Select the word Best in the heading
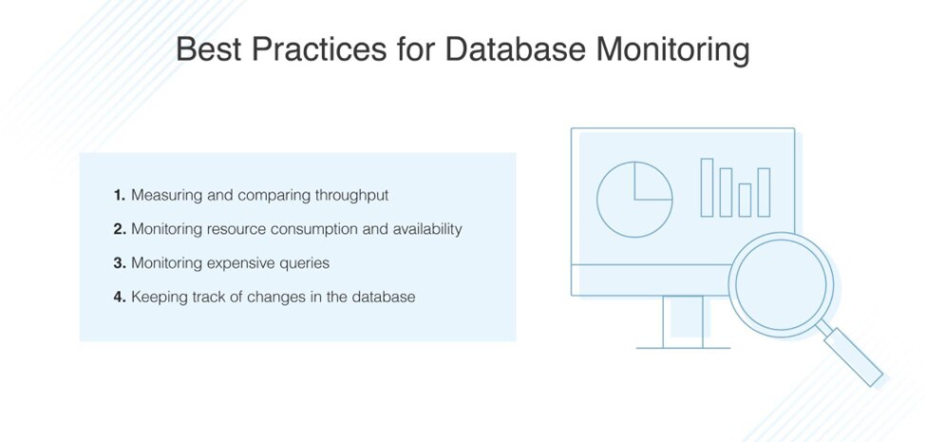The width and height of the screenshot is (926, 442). click(x=209, y=49)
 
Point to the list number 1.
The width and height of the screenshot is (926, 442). click(x=120, y=196)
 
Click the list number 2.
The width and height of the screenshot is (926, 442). click(x=120, y=229)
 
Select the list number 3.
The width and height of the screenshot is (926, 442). click(x=120, y=263)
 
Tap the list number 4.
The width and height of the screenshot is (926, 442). click(x=120, y=297)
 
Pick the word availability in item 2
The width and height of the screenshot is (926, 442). click(x=427, y=229)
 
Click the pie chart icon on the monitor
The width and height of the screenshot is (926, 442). click(x=634, y=199)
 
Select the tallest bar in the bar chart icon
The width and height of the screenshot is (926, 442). click(x=707, y=187)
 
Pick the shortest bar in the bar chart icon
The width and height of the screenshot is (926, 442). click(x=745, y=201)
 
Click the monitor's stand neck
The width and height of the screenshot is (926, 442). click(x=683, y=321)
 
